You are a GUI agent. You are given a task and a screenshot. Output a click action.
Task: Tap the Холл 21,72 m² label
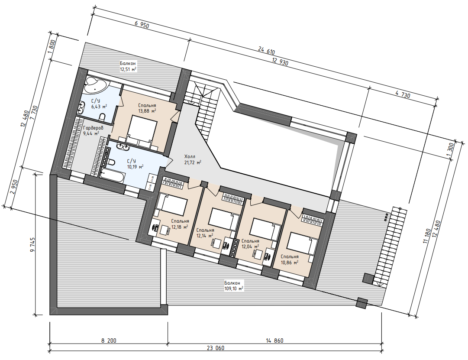pyautogui.click(x=193, y=159)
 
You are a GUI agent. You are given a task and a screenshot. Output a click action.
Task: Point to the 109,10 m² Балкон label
pyautogui.click(x=233, y=285)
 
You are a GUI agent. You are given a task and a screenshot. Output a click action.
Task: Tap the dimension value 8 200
pyautogui.click(x=109, y=340)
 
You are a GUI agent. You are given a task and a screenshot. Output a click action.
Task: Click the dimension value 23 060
pyautogui.click(x=216, y=348)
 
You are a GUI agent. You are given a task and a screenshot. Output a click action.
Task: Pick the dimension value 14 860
pyautogui.click(x=274, y=340)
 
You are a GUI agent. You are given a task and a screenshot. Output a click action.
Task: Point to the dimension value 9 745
pyautogui.click(x=32, y=245)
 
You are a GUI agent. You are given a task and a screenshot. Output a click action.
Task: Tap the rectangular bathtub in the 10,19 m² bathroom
pyautogui.click(x=112, y=176)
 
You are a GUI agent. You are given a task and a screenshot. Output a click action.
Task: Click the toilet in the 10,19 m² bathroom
pyautogui.click(x=110, y=162)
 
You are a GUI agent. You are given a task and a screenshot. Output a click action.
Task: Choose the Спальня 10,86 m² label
pyautogui.click(x=290, y=259)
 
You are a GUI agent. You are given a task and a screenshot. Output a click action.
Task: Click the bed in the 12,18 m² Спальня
pyautogui.click(x=171, y=204)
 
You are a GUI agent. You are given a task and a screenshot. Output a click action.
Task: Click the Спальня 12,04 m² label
pyautogui.click(x=250, y=244)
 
